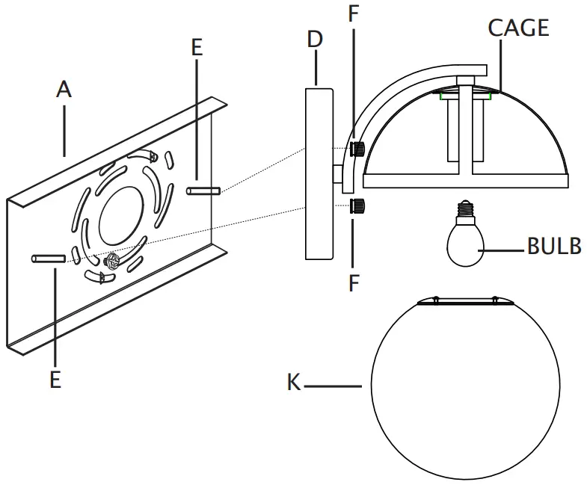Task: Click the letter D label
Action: coord(315,39)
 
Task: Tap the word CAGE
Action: coord(518,28)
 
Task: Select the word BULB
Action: coord(553,247)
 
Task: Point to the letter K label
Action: coord(295,383)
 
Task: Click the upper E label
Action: coord(197,48)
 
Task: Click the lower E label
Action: coord(55,379)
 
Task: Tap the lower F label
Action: coord(353,284)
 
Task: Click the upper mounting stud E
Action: coord(203,192)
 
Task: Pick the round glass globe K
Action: coord(464,389)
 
